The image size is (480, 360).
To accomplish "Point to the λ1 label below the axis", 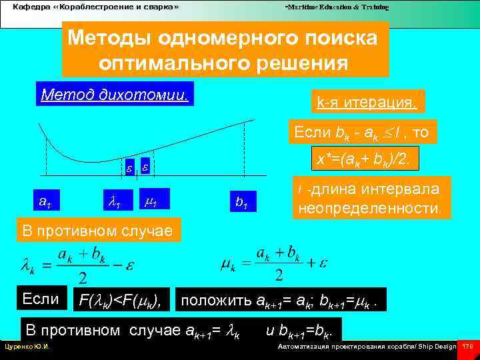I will coord(113,198).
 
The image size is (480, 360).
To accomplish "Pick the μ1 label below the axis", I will coord(150,198).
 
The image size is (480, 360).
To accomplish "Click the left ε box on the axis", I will coord(130,168).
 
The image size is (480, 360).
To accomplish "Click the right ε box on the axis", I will coord(145,168).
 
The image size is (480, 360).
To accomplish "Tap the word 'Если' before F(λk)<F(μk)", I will coord(41,298).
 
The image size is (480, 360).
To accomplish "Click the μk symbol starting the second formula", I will coord(228,265).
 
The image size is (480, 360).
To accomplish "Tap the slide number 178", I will coord(467,347).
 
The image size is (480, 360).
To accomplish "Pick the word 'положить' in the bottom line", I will coord(217,300).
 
